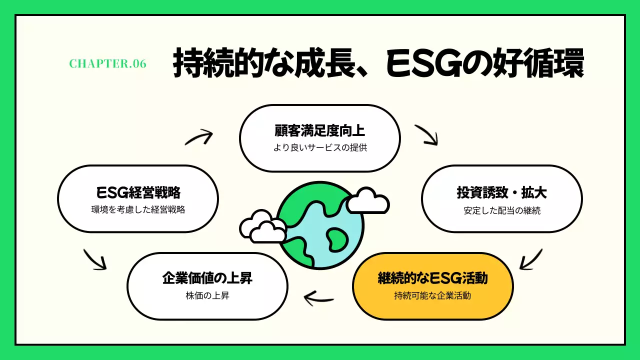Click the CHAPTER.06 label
click(x=107, y=64)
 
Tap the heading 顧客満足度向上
click(x=320, y=131)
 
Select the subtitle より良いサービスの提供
click(x=320, y=148)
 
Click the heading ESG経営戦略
click(x=138, y=192)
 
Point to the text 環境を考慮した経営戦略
click(x=138, y=210)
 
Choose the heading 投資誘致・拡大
click(x=501, y=192)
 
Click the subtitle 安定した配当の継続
click(x=501, y=210)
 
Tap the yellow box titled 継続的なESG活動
click(x=433, y=286)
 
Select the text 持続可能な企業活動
click(x=432, y=295)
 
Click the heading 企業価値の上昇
click(x=207, y=278)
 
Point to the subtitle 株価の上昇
click(x=207, y=295)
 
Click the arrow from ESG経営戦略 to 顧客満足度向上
click(x=199, y=137)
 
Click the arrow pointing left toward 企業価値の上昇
click(x=319, y=299)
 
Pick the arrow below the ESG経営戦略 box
click(x=95, y=258)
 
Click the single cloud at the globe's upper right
click(x=367, y=201)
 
